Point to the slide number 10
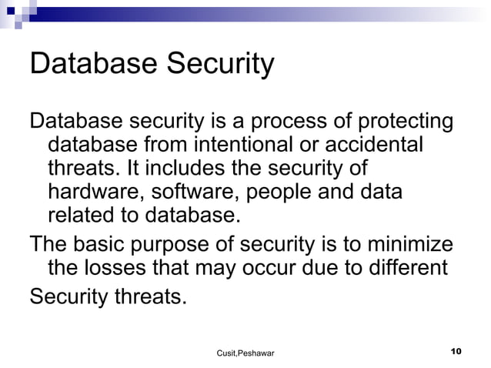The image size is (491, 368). pyautogui.click(x=455, y=351)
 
